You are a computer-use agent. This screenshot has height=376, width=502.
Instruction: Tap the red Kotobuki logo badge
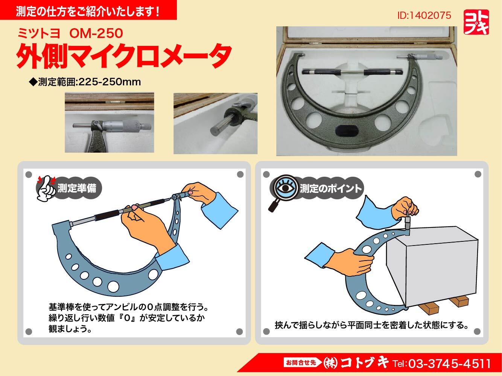tap(476, 22)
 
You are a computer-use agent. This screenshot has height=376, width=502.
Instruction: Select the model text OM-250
tap(96, 33)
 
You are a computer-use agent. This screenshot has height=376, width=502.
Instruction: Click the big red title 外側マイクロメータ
tap(124, 56)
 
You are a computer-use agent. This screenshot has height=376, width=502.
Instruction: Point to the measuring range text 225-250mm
tap(110, 82)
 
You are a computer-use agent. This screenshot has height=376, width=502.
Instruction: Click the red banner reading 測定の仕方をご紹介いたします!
tap(88, 10)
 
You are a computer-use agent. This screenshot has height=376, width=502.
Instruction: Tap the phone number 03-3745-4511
tap(450, 364)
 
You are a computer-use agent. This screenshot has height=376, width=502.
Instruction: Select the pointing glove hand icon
tap(46, 188)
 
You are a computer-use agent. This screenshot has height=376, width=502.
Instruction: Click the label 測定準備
tap(77, 188)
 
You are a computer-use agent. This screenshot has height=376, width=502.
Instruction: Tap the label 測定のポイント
tap(331, 188)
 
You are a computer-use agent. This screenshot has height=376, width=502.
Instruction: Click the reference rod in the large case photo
tap(352, 72)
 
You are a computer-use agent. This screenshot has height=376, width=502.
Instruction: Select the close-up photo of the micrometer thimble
tap(110, 123)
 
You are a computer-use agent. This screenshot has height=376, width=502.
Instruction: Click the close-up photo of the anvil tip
tap(215, 123)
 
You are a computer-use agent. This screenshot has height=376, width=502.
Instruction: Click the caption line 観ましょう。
tap(70, 329)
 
